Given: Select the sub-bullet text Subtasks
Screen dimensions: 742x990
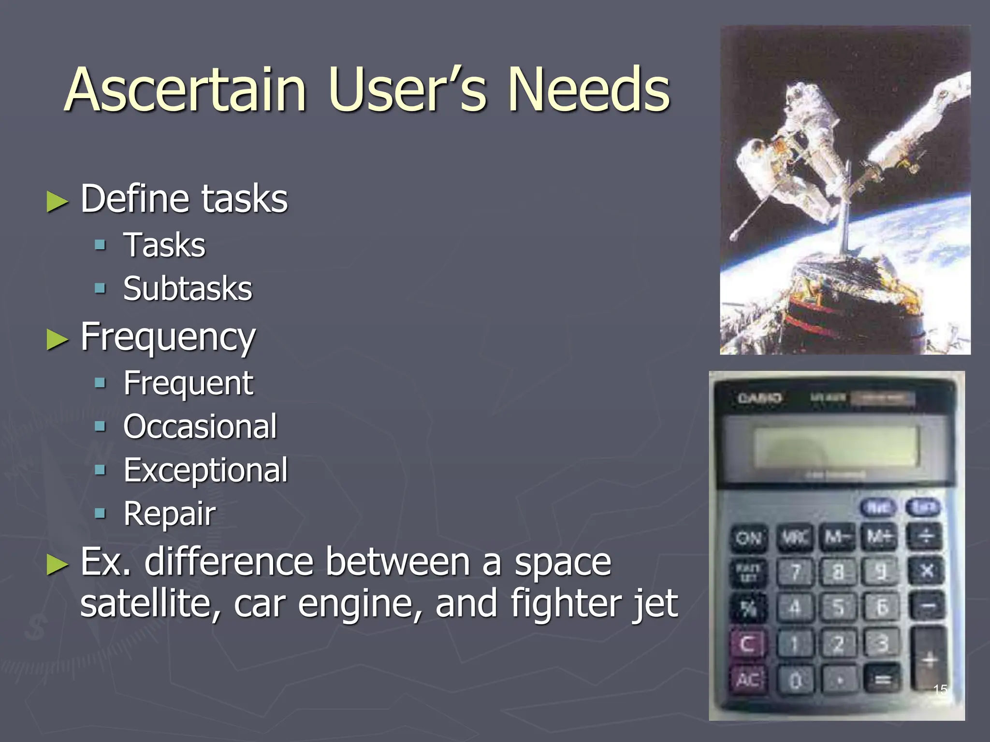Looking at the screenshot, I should tap(188, 289).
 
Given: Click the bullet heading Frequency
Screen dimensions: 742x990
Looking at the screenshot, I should tap(168, 337).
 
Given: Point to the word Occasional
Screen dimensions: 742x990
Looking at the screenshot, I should tap(200, 427).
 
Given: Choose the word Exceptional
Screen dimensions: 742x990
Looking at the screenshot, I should tap(205, 470).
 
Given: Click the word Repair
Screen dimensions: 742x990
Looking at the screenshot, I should tap(169, 514).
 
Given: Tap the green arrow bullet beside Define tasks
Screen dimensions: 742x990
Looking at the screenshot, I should tap(58, 201).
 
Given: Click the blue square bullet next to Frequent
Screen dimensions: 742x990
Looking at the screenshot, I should tap(100, 384).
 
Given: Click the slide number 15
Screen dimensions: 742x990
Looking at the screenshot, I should tap(940, 689).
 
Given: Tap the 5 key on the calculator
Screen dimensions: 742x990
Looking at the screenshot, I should tap(839, 607).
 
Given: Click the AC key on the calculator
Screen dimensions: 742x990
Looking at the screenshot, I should tap(748, 680).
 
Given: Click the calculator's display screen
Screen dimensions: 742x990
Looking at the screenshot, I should tap(836, 447).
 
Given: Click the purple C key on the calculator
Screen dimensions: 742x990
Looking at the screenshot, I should tap(747, 644).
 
